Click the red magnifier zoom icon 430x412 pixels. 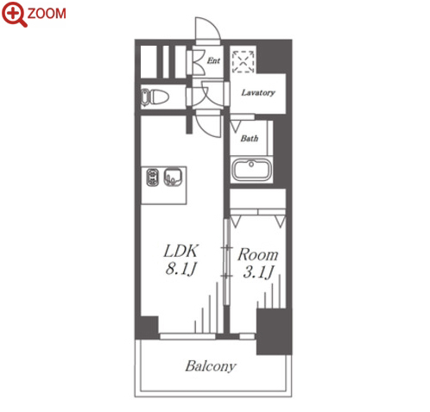[x=14, y=14]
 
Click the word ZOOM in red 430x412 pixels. [x=47, y=14]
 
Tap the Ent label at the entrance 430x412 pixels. [x=213, y=60]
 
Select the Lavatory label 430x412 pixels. [x=258, y=92]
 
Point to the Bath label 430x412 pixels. [x=250, y=139]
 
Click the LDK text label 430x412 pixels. [x=181, y=251]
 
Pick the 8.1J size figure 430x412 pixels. [x=181, y=269]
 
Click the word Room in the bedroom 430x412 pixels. [x=258, y=254]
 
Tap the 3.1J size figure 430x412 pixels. [x=258, y=272]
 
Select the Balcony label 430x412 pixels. [x=211, y=366]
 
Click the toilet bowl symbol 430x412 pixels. [x=155, y=97]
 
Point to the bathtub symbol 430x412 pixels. [x=251, y=169]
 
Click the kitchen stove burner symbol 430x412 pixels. [x=153, y=178]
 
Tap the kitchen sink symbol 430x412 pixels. [x=173, y=178]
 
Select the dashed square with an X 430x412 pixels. [x=243, y=62]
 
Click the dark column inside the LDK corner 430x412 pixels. [x=147, y=328]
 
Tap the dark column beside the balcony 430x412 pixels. [x=274, y=332]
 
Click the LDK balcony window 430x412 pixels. [x=187, y=336]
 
